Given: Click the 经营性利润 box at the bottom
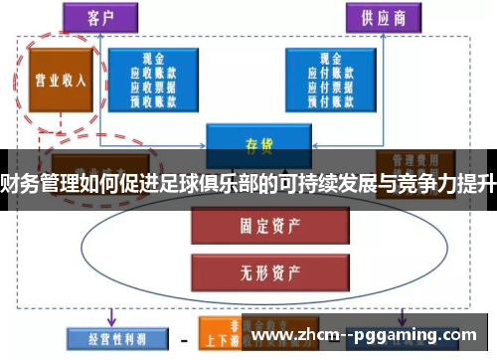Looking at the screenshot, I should click(106, 338).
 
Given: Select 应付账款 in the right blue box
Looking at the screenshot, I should click(334, 72).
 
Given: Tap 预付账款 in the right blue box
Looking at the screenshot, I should click(334, 99).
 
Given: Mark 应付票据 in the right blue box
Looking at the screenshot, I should click(334, 86).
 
